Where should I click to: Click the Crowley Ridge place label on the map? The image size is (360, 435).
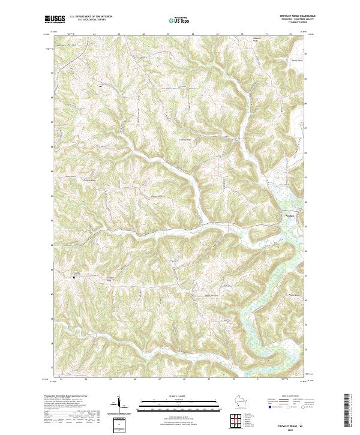tap(186, 140)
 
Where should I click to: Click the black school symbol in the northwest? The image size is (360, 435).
tap(100, 87)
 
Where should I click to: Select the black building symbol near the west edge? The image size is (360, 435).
tap(74, 277)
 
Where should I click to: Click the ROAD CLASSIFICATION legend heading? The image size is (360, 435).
tap(289, 397)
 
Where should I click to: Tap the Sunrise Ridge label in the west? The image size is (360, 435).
tap(89, 179)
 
